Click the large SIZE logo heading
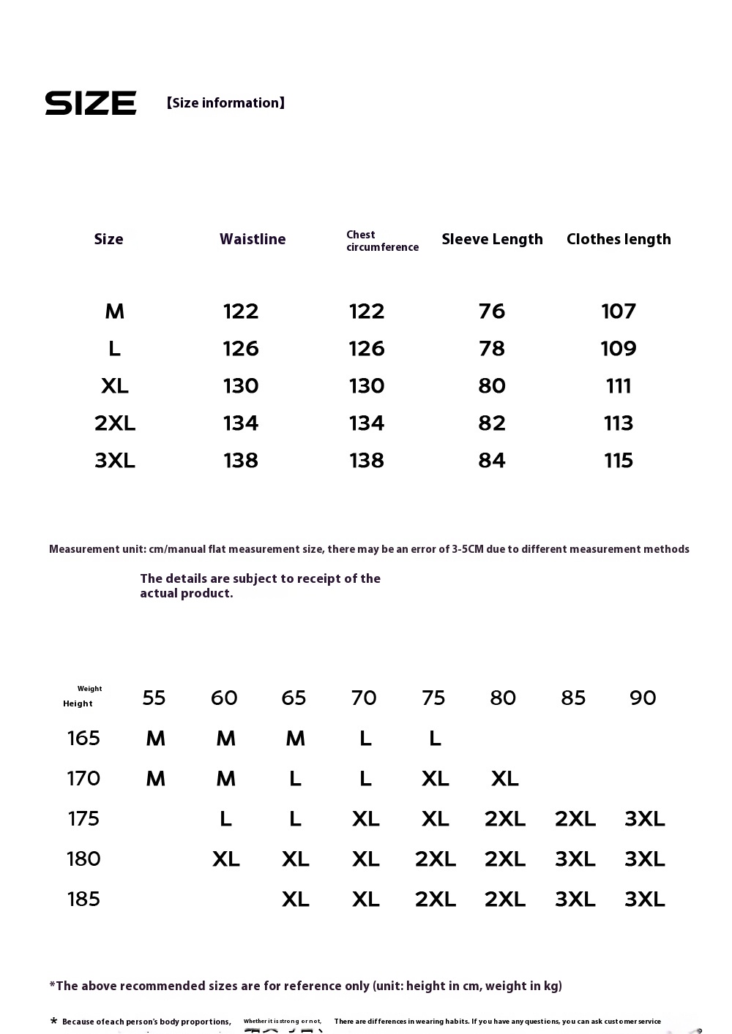(91, 103)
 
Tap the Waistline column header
(253, 239)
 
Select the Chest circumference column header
(382, 241)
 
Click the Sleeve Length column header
(492, 239)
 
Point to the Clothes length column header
(619, 239)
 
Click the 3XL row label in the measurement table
(115, 461)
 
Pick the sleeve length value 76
(492, 312)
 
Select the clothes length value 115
(619, 461)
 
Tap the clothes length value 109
(619, 349)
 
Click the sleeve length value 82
(492, 423)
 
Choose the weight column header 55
(154, 698)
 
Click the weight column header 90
(643, 698)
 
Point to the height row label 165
(83, 739)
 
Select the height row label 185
(83, 899)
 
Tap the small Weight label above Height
(90, 689)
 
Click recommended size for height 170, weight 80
(505, 779)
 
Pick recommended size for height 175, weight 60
(225, 819)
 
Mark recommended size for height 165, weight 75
(435, 739)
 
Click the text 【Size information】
(225, 103)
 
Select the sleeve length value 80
(492, 386)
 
